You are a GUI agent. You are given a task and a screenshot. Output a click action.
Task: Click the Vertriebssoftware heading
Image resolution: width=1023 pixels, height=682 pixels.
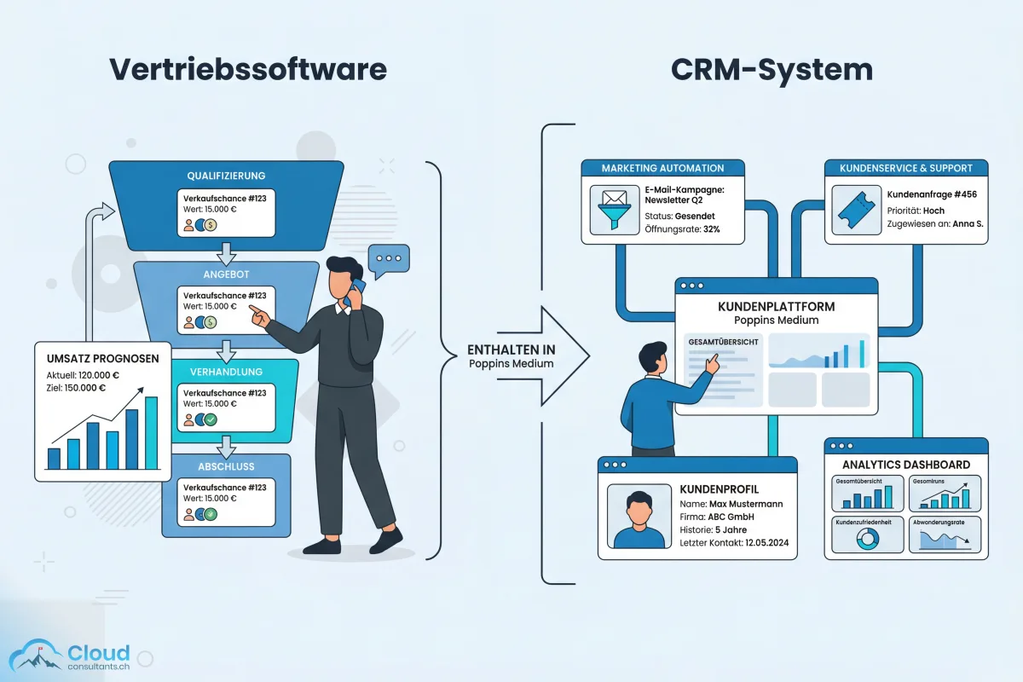click(x=247, y=69)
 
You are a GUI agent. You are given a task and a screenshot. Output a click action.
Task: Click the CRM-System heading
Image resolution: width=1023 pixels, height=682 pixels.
click(x=772, y=69)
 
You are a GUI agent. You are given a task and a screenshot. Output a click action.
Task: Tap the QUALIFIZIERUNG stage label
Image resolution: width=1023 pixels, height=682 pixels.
click(x=226, y=175)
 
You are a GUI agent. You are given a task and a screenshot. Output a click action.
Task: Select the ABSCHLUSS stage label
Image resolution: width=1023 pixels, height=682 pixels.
click(x=226, y=466)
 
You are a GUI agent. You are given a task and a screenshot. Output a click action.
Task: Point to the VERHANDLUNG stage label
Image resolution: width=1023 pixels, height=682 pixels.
click(x=226, y=373)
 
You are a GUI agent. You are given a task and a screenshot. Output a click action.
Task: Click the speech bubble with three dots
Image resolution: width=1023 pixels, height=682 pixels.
click(x=388, y=258)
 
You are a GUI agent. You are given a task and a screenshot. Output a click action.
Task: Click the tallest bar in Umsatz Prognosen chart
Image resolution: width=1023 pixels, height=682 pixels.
click(x=151, y=433)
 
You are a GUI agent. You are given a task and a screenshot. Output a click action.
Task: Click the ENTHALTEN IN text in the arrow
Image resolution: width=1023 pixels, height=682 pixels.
click(x=511, y=349)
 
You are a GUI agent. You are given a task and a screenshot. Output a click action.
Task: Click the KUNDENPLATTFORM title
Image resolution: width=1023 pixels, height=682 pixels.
click(x=776, y=306)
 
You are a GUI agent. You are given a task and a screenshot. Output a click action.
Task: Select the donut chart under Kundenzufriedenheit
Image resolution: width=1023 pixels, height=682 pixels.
click(x=867, y=538)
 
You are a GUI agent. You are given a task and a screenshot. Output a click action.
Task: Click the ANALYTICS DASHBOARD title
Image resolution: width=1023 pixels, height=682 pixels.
click(x=905, y=465)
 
